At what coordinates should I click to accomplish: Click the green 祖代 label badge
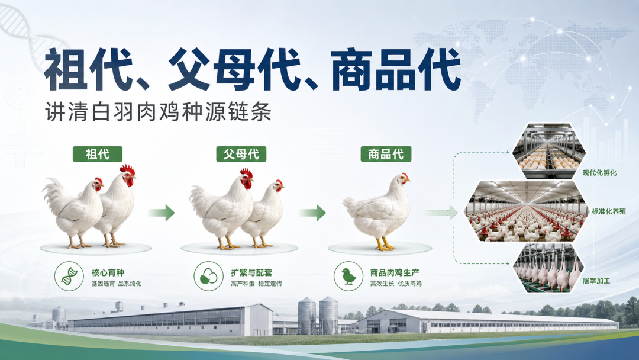point(98,154)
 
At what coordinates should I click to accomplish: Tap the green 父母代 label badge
point(241,154)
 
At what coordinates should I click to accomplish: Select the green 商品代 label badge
point(386,154)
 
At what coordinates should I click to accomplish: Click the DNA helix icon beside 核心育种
point(69,276)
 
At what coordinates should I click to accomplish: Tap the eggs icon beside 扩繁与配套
point(209,276)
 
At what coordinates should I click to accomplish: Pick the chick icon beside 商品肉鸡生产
point(348,276)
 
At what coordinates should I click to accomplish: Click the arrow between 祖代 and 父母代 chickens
point(162,213)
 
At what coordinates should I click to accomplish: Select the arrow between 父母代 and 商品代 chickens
point(312,213)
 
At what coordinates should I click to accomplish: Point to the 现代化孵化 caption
point(599,173)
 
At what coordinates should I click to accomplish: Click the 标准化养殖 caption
point(609,211)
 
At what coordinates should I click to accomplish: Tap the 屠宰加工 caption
point(596,281)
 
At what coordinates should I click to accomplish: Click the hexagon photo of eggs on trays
point(549,151)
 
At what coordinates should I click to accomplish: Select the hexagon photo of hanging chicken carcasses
point(548,268)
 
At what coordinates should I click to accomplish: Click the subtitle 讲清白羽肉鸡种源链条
point(158,112)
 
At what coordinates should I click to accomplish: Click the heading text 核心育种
point(108,272)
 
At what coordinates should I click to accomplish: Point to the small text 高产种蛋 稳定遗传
point(256,284)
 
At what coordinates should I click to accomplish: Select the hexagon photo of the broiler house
point(526,211)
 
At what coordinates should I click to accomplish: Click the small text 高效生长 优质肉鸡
point(396,284)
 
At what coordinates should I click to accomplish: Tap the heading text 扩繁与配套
point(251,272)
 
